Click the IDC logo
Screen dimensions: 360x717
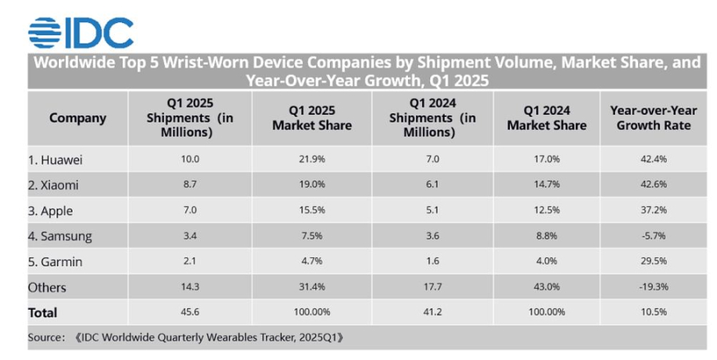(80, 31)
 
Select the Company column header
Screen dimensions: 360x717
(77, 118)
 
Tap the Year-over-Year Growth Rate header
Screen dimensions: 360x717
(653, 118)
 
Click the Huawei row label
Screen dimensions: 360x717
(55, 159)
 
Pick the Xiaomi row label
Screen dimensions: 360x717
(54, 185)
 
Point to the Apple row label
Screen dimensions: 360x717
(50, 210)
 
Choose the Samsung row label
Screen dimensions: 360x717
(60, 236)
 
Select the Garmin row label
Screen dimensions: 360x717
(55, 261)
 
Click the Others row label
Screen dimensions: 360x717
(47, 287)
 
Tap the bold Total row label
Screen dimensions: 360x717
(43, 312)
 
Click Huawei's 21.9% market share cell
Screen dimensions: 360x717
(311, 159)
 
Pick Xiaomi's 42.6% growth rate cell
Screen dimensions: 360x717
(653, 185)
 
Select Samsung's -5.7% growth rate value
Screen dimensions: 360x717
(653, 236)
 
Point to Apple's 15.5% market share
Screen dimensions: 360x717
(311, 210)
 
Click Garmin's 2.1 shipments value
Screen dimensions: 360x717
(190, 261)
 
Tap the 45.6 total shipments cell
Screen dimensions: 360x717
(190, 312)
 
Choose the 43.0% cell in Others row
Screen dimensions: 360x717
(547, 287)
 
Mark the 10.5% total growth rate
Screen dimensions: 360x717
(653, 312)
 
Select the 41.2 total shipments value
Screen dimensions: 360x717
(433, 312)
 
